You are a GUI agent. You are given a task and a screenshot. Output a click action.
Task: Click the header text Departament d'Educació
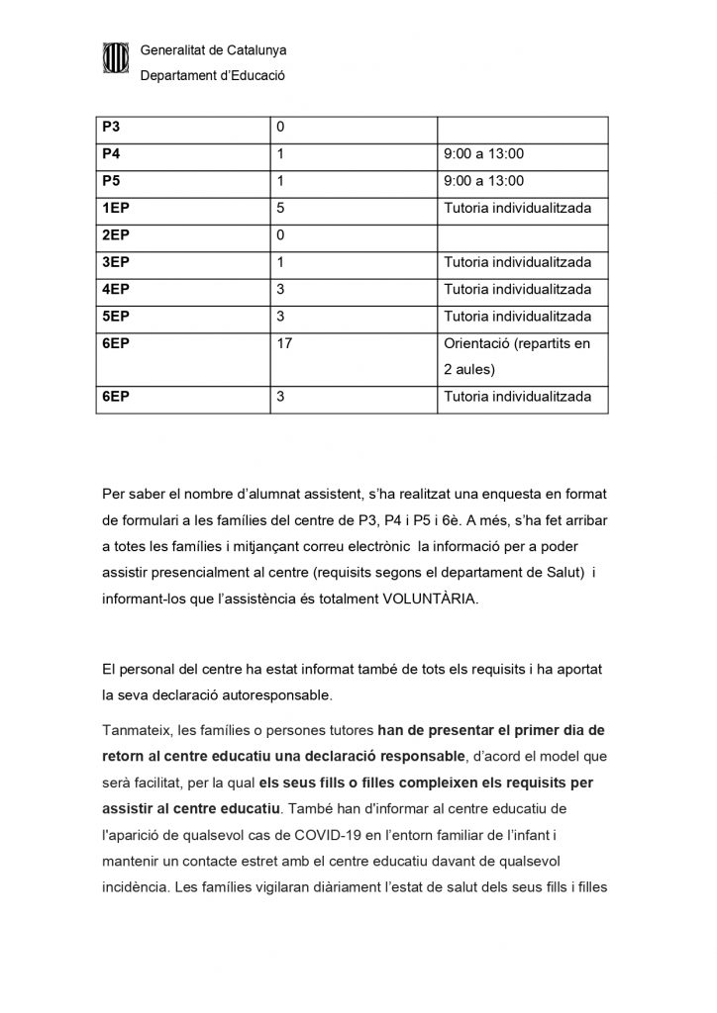click(213, 74)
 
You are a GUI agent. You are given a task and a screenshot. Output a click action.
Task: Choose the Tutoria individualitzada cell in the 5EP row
click(518, 317)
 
